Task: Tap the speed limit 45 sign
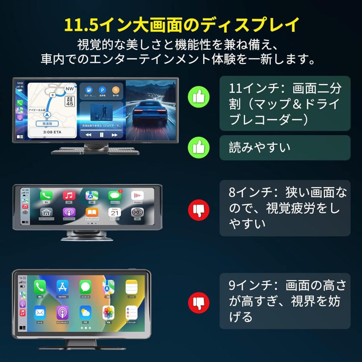click(x=70, y=101)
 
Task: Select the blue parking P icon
click(x=102, y=90)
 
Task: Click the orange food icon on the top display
click(x=116, y=90)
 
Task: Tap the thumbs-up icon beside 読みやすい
click(x=198, y=148)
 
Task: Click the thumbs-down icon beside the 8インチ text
click(x=198, y=208)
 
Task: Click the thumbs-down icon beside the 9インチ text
click(x=198, y=301)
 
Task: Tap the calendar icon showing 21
click(x=115, y=212)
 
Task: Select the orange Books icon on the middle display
click(x=92, y=212)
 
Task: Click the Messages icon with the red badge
click(x=115, y=196)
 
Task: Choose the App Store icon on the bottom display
click(x=62, y=287)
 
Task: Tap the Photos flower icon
click(x=108, y=313)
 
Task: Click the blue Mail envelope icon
click(x=40, y=313)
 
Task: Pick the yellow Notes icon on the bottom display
click(x=131, y=287)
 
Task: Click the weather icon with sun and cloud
click(x=85, y=313)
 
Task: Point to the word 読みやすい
click(x=259, y=148)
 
